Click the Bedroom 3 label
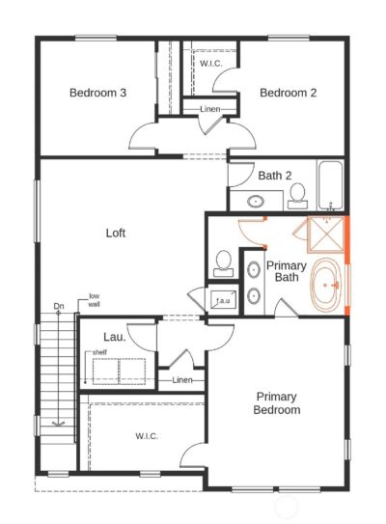(98, 93)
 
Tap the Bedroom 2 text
(288, 93)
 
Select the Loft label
(116, 233)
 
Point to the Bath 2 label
(274, 176)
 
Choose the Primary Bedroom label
(276, 402)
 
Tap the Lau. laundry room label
(115, 336)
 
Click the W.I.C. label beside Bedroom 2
(211, 64)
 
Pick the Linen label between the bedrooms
(209, 109)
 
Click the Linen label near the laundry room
(181, 380)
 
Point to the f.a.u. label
(222, 300)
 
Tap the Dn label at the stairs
(59, 308)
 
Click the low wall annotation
(95, 300)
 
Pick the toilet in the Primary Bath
(224, 261)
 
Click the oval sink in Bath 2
(258, 203)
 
